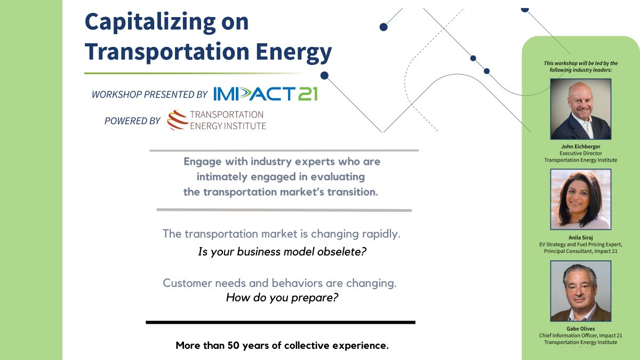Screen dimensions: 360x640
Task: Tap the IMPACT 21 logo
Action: [265, 93]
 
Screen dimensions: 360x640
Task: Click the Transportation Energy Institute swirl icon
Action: [178, 121]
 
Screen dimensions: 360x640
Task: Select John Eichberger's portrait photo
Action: [580, 109]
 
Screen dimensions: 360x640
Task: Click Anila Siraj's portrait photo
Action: [580, 199]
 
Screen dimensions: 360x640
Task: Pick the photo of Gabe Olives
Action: [580, 291]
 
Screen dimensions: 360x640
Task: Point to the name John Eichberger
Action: [580, 147]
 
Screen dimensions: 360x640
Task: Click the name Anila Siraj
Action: [580, 238]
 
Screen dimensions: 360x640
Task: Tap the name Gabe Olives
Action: [580, 329]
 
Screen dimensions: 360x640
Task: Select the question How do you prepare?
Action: [282, 298]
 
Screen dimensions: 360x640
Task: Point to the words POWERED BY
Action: [132, 121]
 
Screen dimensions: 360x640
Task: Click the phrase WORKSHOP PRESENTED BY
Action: [149, 94]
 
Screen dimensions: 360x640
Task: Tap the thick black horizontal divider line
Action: [280, 322]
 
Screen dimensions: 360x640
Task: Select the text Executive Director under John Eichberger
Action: [580, 154]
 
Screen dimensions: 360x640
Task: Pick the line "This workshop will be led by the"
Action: [580, 63]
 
